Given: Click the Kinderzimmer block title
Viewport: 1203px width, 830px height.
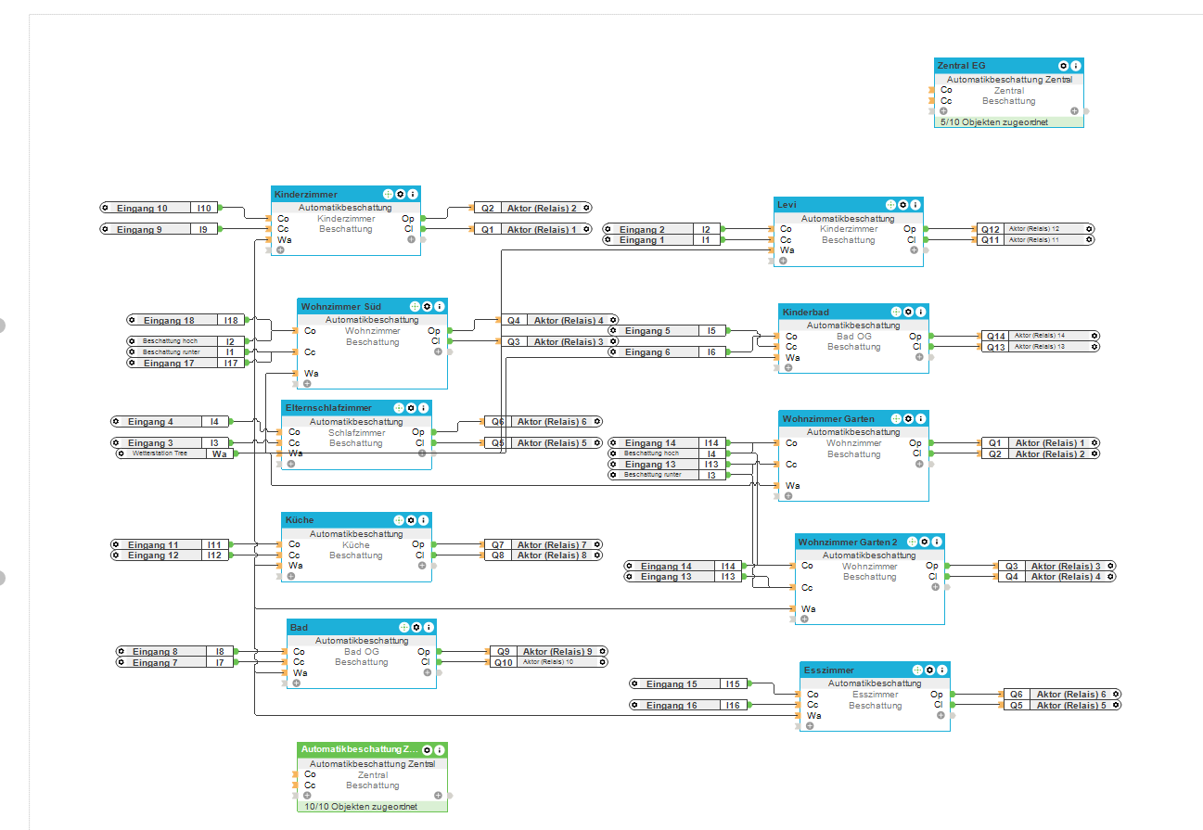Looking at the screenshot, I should coord(306,195).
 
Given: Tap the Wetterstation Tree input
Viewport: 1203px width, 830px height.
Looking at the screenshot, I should coord(160,454).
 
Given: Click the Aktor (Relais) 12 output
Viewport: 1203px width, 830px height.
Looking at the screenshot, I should coord(1033,228).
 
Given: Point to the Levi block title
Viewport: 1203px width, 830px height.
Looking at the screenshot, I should coord(787,205).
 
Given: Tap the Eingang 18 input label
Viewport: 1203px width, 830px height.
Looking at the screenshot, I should coord(169,320).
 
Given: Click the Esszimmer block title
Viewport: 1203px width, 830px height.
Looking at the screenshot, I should coord(829,670).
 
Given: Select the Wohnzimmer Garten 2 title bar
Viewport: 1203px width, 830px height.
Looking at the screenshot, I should coord(848,542).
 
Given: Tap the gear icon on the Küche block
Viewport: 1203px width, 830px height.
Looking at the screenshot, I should coord(411,520).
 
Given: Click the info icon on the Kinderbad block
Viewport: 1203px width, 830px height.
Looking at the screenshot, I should coord(921,312).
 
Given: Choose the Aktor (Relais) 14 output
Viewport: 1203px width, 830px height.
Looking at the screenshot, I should coord(1039,336).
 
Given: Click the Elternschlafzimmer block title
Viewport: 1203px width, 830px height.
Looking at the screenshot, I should coord(328,408).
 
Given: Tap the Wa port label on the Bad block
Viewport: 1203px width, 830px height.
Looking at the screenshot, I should coord(300,673).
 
